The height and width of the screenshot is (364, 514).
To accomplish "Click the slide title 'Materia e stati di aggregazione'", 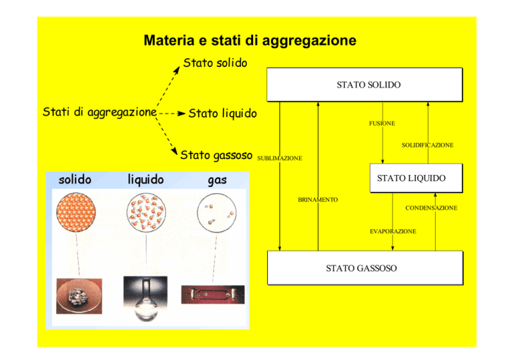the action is pos(250,41).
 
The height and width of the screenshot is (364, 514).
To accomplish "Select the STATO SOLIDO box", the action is pos(365,84).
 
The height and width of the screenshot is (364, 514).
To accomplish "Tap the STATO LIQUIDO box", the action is pos(416,178).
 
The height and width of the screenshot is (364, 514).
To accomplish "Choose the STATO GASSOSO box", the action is pos(365,268).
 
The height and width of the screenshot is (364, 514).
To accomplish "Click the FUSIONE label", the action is pos(382,123).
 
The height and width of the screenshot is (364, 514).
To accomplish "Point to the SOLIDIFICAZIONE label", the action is pos(428,145).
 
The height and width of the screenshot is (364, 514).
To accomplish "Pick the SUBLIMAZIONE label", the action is pos(280,158).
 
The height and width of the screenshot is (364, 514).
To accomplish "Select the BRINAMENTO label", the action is pos(318,200).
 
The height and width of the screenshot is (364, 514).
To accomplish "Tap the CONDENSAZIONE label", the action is pos(431,208).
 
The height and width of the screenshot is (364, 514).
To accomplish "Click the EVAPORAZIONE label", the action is pos(393,231).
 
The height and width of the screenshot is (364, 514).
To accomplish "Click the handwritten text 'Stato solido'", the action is pos(215,63).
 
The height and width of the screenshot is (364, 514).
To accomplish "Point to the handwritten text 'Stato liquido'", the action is pos(223,113).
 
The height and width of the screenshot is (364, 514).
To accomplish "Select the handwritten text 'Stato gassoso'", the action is pos(216,155).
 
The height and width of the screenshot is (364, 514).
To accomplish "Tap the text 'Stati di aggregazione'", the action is pos(100,112).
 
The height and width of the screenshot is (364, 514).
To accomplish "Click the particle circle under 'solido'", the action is pos(76,213).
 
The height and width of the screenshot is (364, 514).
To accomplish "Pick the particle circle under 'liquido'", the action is pos(146,213).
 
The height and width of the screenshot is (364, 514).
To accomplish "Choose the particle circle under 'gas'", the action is pos(216,213).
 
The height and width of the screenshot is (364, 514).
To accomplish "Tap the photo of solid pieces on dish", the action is pos(79,296).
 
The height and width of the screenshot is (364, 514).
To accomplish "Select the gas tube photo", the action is pos(213,294).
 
